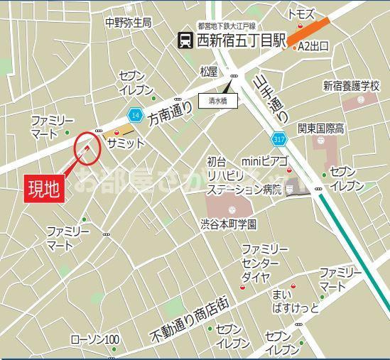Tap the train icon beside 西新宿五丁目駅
185,40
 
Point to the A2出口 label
313,47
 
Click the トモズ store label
300,14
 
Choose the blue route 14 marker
134,114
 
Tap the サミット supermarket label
126,143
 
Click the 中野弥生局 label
128,22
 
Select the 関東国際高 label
321,129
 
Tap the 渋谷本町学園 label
227,223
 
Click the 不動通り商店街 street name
189,317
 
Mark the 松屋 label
208,71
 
